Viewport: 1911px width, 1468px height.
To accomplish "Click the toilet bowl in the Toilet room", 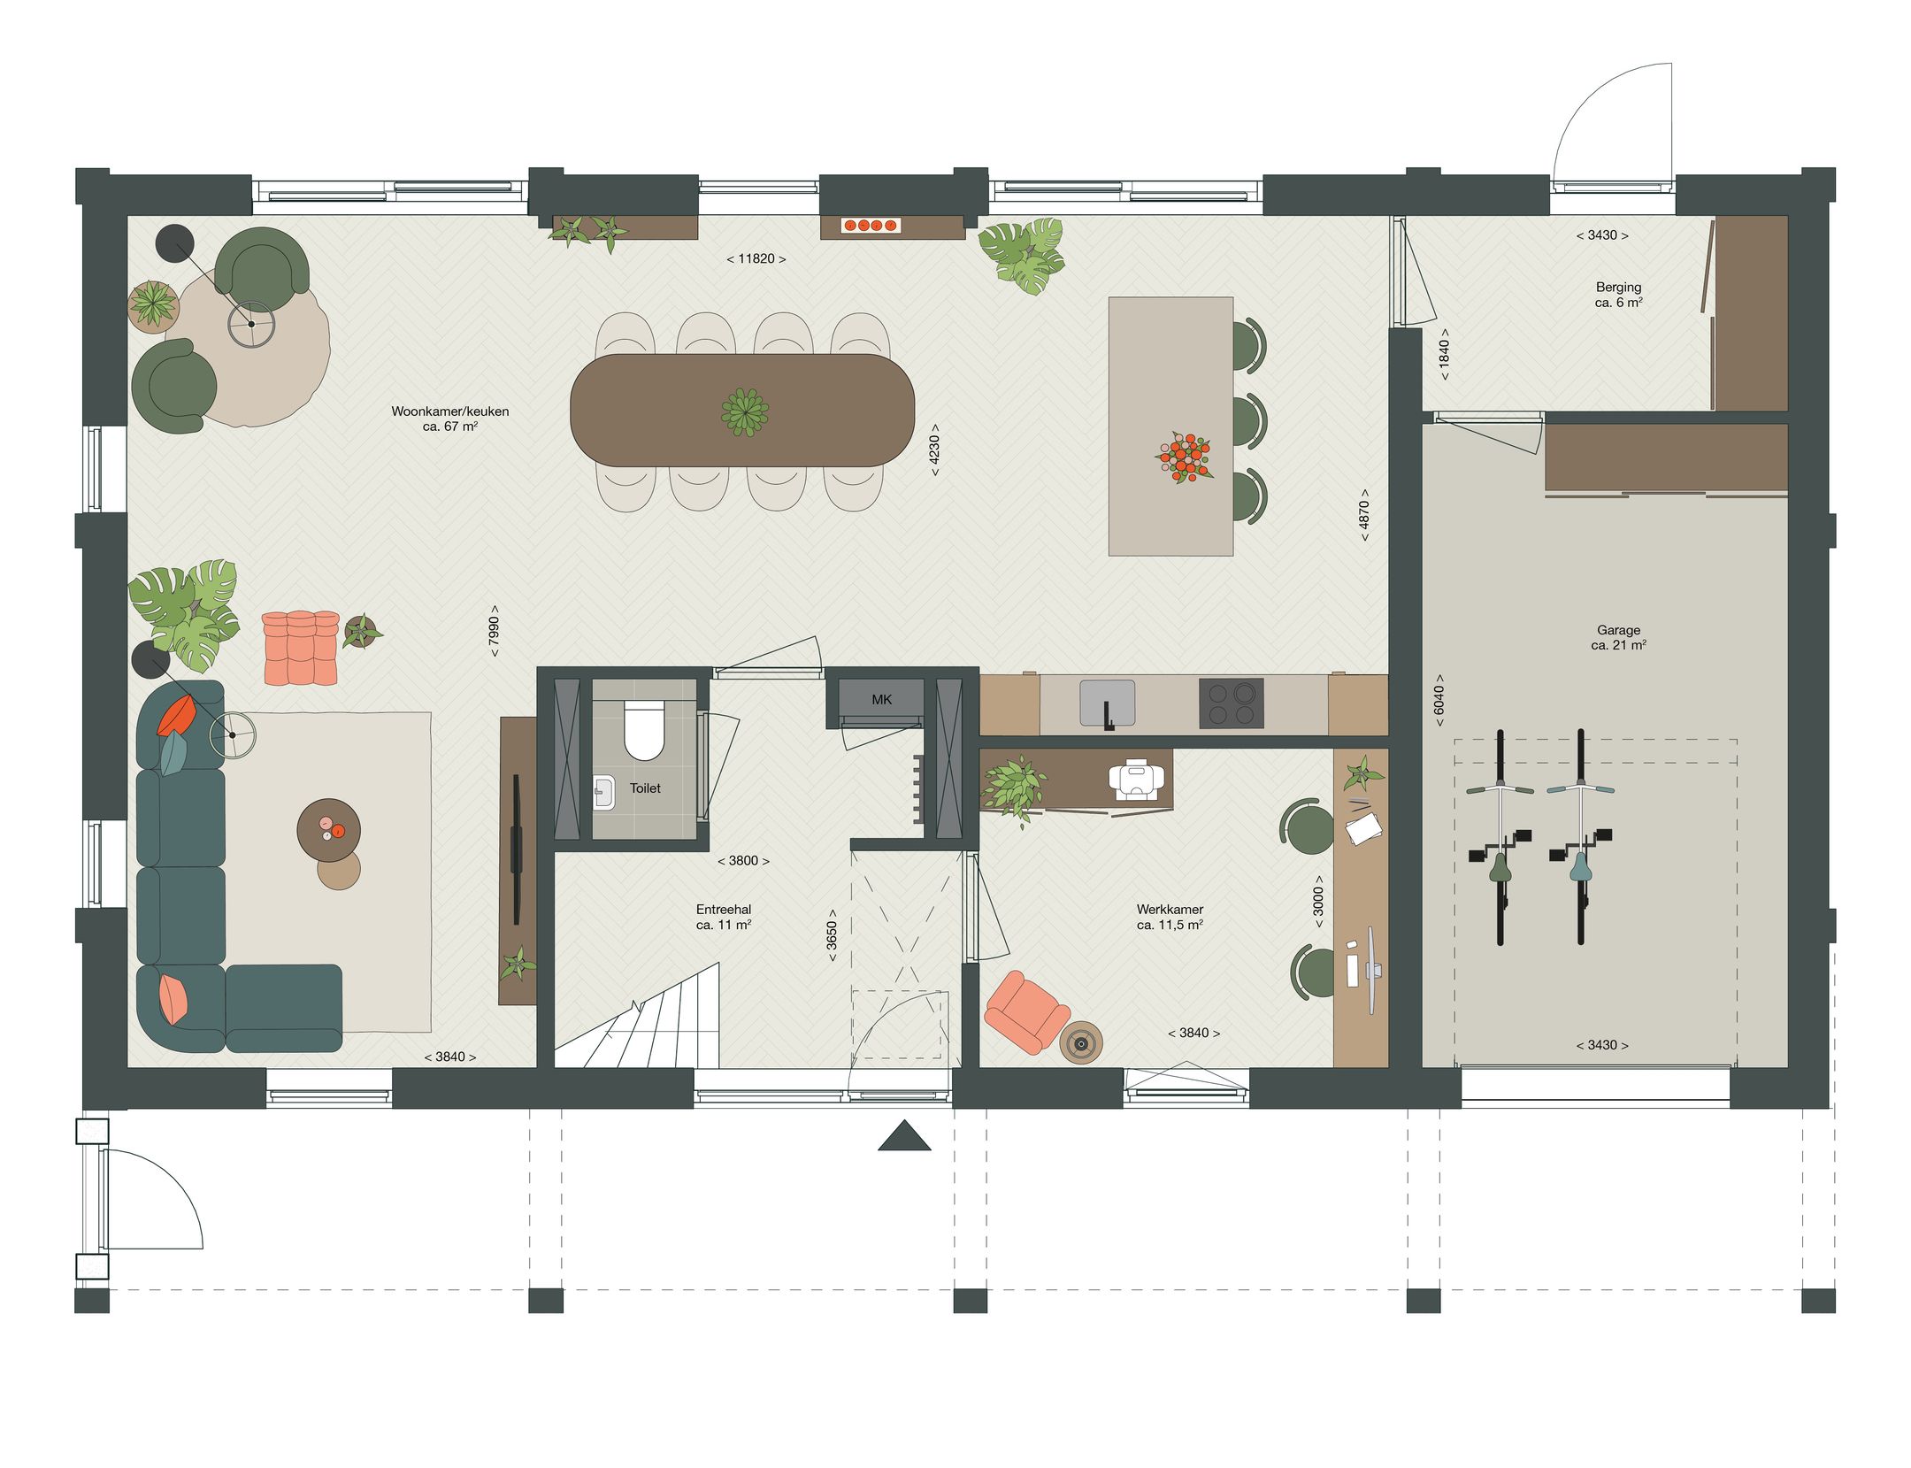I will (643, 729).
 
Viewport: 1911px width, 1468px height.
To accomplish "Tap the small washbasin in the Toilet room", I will (604, 791).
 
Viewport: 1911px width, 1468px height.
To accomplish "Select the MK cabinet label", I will (881, 699).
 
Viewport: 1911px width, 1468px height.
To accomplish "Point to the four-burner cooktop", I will (1231, 703).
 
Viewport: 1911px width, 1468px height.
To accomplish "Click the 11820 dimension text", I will (756, 258).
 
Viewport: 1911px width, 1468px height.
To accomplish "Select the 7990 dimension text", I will (494, 630).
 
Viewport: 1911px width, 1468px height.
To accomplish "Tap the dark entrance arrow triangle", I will (904, 1137).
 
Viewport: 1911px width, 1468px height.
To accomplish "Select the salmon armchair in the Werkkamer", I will (1026, 1011).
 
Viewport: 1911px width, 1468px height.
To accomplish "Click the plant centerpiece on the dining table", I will (744, 411).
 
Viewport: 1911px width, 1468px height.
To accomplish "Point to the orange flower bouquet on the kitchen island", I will (1183, 457).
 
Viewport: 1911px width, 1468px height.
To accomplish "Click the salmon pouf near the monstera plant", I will (301, 647).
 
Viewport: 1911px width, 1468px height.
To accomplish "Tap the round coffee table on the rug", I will (328, 830).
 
